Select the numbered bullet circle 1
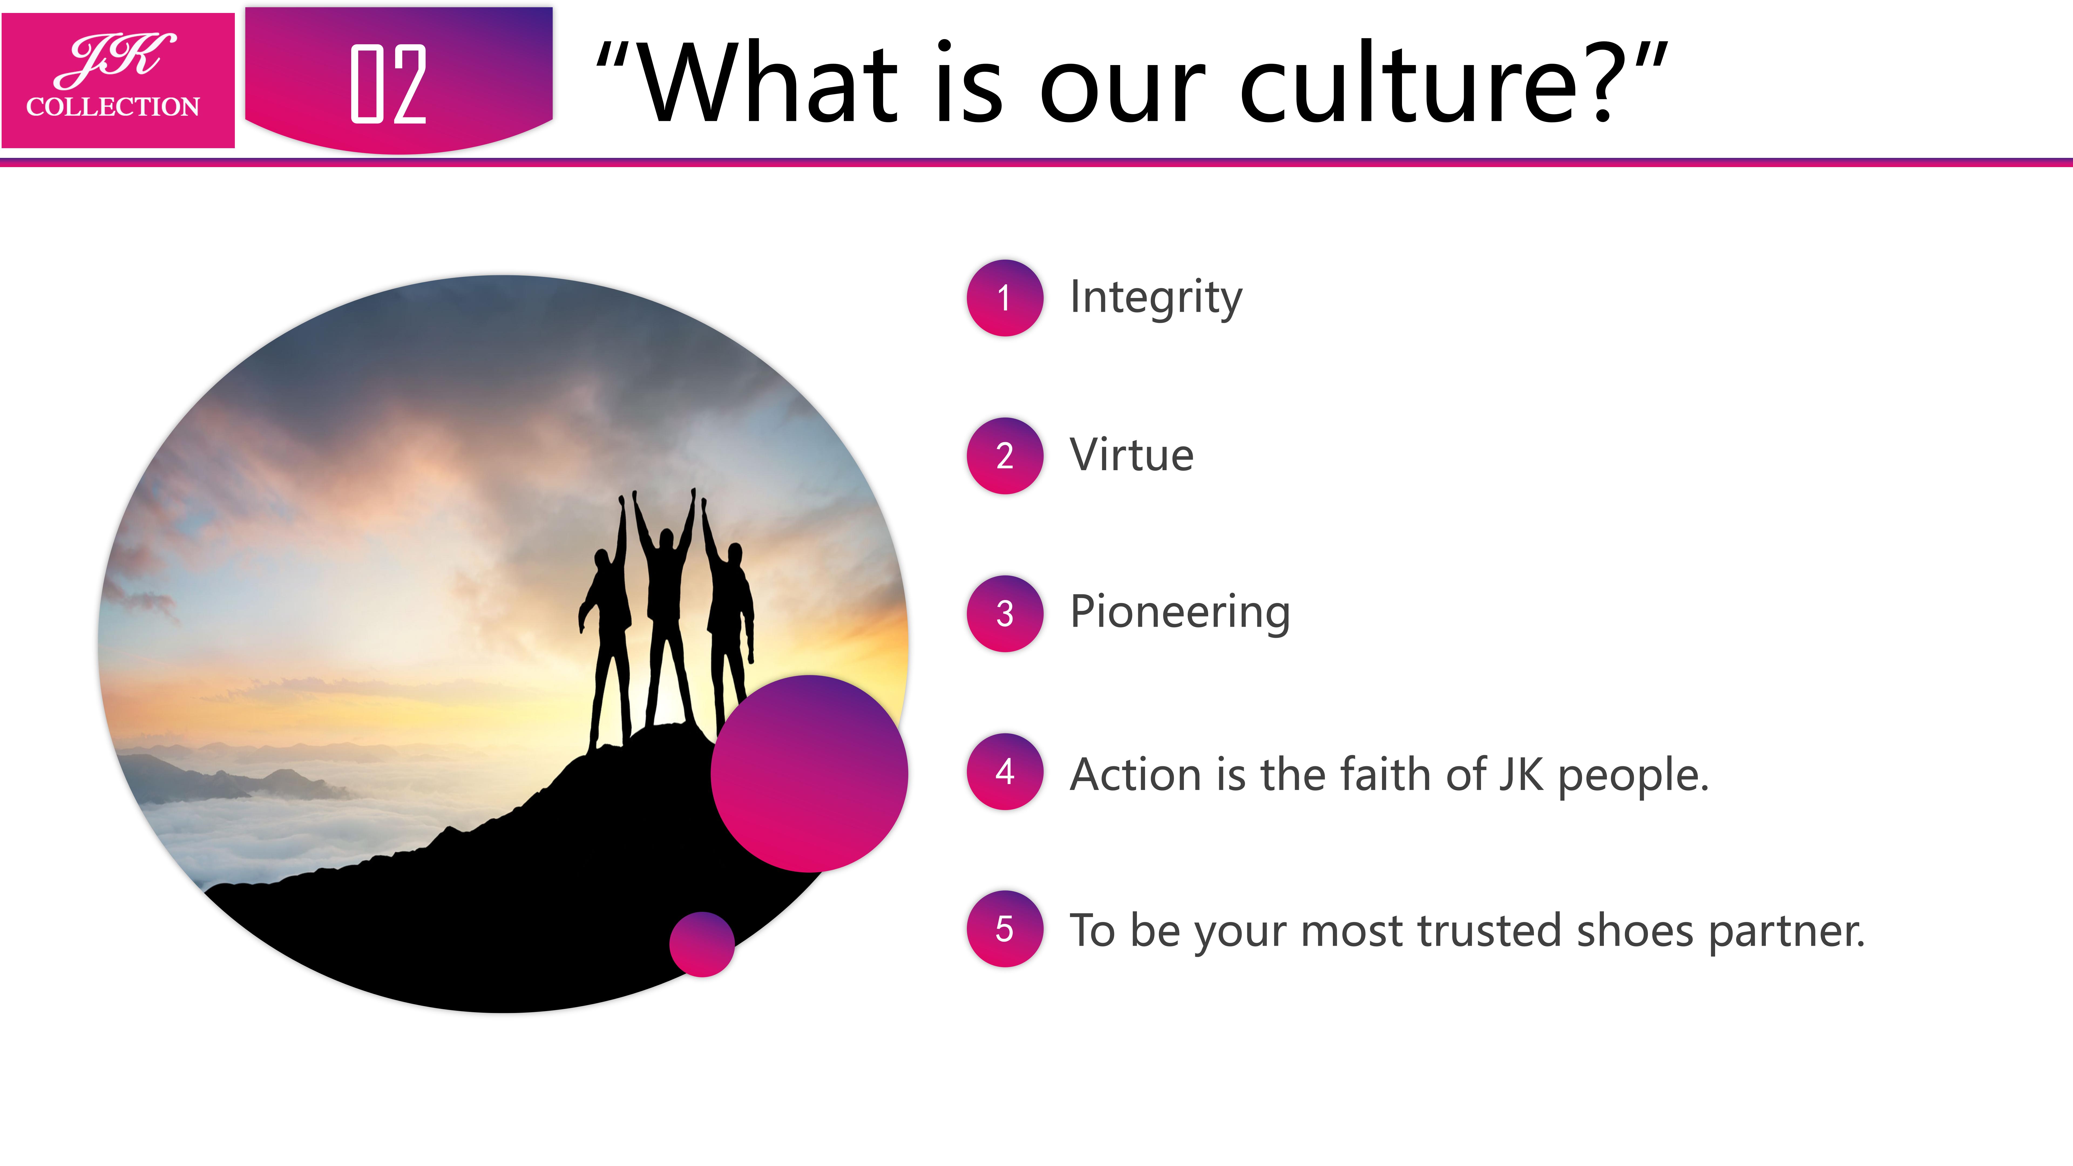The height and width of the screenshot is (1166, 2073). [x=1004, y=298]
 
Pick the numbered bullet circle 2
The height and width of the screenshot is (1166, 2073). [x=1004, y=455]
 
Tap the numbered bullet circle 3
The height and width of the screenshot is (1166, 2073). [x=1004, y=613]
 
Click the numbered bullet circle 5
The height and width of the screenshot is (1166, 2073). [x=1004, y=928]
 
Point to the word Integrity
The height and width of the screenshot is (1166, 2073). [x=1156, y=298]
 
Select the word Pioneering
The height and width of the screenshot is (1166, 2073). [x=1180, y=613]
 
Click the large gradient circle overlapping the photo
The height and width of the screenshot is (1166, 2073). [x=809, y=773]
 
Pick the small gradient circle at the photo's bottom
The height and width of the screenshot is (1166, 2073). [x=702, y=944]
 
